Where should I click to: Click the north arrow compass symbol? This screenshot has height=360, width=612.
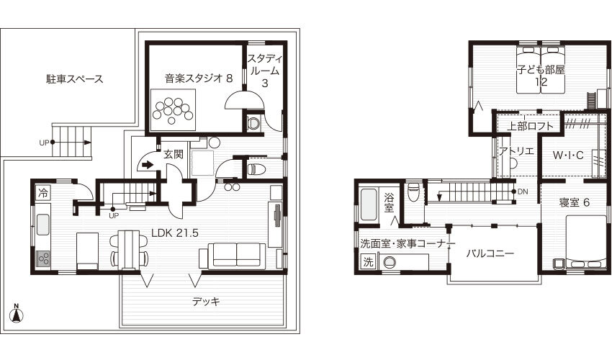pos(17,313)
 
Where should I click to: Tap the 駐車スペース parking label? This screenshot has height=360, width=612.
pos(75,79)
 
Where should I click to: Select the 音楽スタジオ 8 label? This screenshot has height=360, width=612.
pos(199,78)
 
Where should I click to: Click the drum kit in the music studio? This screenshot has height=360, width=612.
pos(173,109)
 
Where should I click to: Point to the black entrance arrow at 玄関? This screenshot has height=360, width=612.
pos(148,165)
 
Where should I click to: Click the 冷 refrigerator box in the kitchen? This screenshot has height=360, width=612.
pos(43,193)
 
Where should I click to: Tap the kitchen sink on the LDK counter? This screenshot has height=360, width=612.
pos(43,225)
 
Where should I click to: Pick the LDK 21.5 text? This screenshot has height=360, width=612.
pos(175,233)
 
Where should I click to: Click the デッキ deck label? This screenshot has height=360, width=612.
pos(206,302)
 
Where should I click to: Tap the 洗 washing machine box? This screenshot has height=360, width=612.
pos(368,262)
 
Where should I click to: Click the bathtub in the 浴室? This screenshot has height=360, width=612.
pos(369,204)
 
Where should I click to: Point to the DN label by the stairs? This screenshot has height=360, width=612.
pos(522,192)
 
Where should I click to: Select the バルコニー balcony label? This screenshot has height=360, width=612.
pos(490,253)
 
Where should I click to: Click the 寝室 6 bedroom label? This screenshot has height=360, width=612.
pos(574,202)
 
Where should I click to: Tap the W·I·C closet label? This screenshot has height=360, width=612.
pos(568,155)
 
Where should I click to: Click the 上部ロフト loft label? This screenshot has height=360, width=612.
pos(530,126)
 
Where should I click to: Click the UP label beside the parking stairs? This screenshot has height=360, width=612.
pos(44,143)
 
